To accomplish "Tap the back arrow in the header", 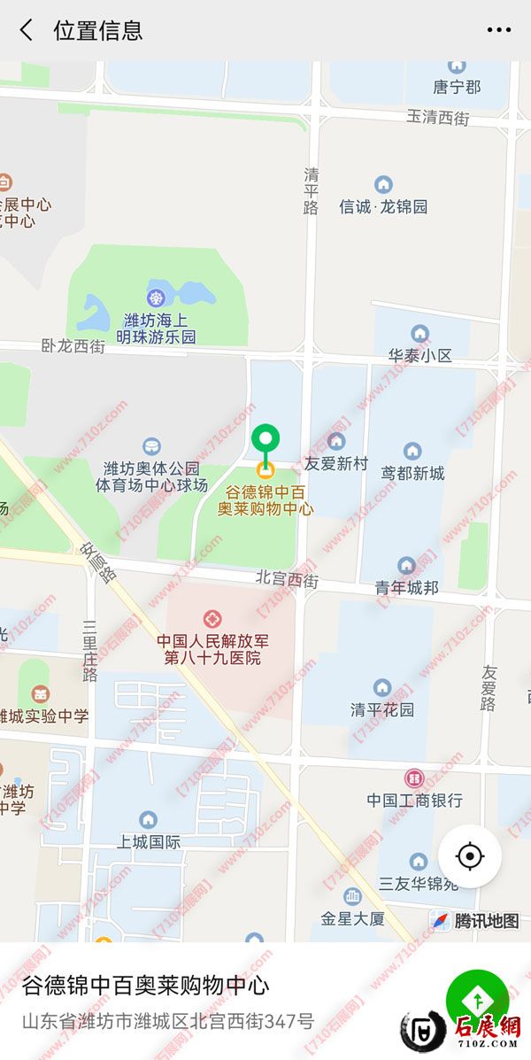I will click(27, 30).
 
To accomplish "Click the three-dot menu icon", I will click(499, 30).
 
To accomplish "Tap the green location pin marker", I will click(265, 440).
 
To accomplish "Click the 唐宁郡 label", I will click(457, 87).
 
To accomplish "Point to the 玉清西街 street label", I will click(438, 117).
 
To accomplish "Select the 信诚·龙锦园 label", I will click(383, 206).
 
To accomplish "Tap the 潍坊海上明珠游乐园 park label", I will click(158, 328).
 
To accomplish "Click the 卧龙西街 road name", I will click(73, 346).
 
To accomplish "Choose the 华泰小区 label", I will click(419, 355).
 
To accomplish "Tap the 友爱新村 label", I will click(335, 463).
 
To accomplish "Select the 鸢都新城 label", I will click(412, 473).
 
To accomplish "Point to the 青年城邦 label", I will click(406, 586).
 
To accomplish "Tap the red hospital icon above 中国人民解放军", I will click(212, 618).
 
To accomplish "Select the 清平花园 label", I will click(382, 709).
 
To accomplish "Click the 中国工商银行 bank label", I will click(414, 800).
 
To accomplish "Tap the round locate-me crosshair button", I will click(470, 856).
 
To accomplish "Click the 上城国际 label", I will click(149, 841).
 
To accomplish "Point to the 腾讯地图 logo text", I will click(486, 921).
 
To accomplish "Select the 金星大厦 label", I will click(352, 918).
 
